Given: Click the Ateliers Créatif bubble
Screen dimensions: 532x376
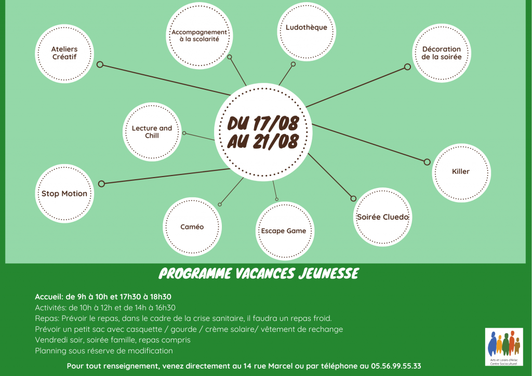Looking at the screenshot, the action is click(64, 53).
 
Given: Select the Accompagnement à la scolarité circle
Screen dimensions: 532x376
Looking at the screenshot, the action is click(199, 36).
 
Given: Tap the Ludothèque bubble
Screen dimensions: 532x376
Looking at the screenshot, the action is click(307, 32).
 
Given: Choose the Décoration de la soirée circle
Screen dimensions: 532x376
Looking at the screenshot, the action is click(442, 53).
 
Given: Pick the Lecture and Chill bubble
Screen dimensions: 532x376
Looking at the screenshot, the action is click(152, 132).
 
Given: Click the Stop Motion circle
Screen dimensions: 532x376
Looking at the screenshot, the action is click(64, 194).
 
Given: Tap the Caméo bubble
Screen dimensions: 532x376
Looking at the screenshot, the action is click(192, 227).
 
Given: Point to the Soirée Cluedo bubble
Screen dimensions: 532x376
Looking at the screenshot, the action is click(382, 217).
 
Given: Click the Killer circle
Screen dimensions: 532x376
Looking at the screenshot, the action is click(461, 173).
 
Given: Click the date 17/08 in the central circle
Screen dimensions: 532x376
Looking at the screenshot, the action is click(276, 124).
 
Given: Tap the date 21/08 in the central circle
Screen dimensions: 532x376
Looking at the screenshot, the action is click(276, 141).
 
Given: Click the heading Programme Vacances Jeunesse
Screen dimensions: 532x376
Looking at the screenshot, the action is click(259, 274).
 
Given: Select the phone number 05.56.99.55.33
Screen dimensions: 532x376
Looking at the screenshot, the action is click(396, 366).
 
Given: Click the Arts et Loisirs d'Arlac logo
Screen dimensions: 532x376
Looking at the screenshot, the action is click(504, 347).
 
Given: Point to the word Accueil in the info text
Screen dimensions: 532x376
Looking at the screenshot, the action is click(49, 297).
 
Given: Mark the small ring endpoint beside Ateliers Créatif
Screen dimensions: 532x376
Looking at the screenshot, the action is click(100, 64).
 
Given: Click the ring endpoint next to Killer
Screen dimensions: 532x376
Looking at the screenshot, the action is click(427, 162).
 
